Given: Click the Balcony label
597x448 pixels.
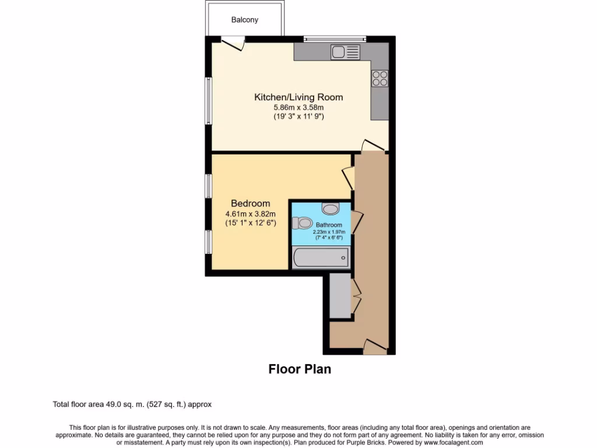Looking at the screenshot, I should pos(245,20).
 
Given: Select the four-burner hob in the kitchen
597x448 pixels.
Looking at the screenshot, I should pos(380,78).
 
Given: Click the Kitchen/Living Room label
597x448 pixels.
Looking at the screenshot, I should pos(298,97).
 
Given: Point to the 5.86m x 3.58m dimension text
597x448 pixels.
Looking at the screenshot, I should pos(298,107).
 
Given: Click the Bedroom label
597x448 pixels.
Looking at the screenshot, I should pos(251,204).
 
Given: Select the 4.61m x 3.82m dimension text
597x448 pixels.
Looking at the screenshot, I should pos(251,213).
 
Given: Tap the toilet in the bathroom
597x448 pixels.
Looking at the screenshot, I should pos(303,223).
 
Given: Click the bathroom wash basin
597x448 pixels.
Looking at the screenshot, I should pos(330,208).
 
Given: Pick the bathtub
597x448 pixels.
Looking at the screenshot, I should pos(321,257).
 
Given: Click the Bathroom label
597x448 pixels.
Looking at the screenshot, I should pos(329,225).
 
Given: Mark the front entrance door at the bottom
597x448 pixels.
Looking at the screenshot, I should pos(375,346).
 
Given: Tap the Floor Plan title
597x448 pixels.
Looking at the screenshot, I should pos(300,369).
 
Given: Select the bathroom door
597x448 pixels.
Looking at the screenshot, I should pos(356,221).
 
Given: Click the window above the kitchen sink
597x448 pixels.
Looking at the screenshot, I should pos(335,38).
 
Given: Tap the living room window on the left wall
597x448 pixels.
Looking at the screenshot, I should pos(208,100).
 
